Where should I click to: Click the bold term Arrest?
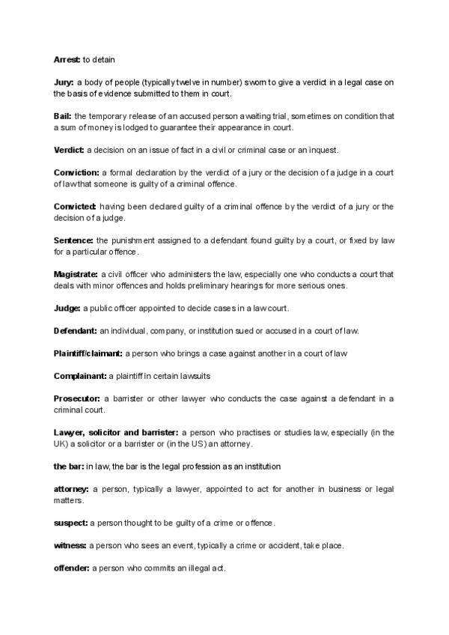click(67, 58)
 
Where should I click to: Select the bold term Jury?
click(63, 82)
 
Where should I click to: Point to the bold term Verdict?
click(69, 150)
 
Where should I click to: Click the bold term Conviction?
click(76, 172)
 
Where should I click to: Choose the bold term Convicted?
click(75, 206)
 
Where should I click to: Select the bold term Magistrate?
click(76, 274)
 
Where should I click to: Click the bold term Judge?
click(67, 308)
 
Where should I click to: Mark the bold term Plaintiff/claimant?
click(88, 353)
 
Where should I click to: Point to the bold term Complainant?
click(80, 375)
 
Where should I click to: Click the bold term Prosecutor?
click(76, 398)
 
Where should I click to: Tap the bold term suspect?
click(70, 523)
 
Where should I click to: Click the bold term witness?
click(70, 545)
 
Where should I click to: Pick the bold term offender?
click(72, 568)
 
